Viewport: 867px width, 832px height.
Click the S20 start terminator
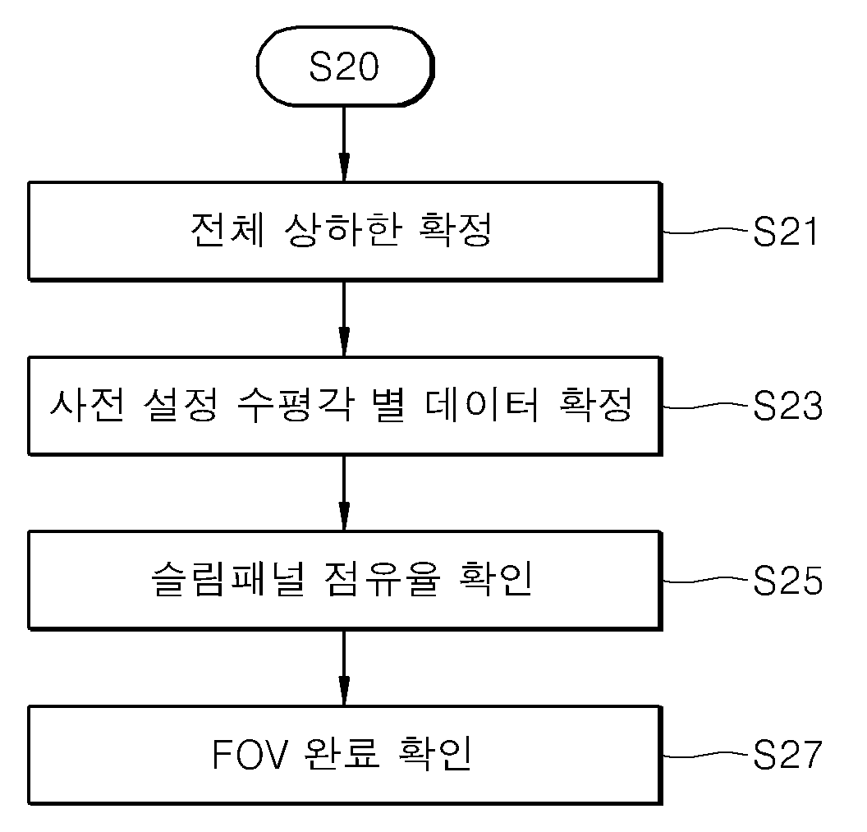coord(345,66)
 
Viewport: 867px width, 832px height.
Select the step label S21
coord(785,232)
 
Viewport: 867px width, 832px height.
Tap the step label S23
coord(788,406)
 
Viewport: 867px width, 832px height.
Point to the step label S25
coord(788,581)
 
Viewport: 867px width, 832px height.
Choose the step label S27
coord(788,755)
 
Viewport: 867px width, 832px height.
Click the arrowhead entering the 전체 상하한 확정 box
coord(344,167)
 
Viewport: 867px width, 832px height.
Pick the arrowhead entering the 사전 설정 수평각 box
coord(344,342)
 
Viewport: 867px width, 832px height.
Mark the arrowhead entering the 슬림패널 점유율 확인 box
coord(344,516)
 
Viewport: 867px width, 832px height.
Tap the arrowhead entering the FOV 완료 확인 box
coord(344,691)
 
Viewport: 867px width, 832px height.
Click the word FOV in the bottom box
coord(250,755)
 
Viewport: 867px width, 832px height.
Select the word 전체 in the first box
coord(227,230)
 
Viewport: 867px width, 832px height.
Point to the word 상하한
coord(342,230)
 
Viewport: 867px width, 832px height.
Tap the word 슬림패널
coord(227,579)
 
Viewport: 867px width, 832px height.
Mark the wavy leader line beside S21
coord(707,231)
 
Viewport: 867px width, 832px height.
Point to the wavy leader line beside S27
coord(707,754)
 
